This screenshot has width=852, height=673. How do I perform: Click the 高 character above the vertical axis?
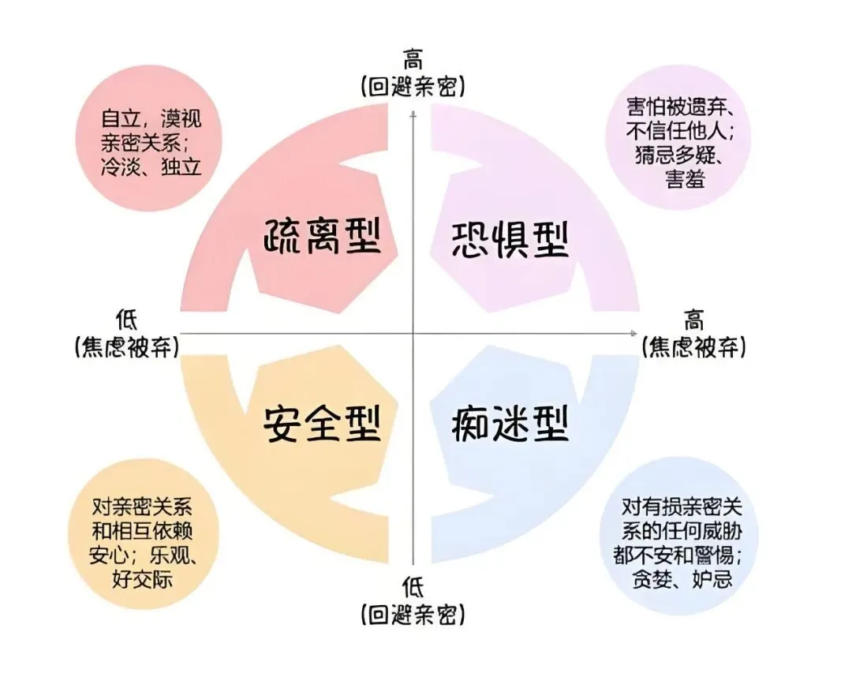pyautogui.click(x=413, y=61)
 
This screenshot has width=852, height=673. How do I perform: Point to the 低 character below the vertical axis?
pyautogui.click(x=413, y=586)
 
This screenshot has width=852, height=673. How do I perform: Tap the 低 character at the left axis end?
pyautogui.click(x=126, y=320)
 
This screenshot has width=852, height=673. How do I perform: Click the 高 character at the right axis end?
pyautogui.click(x=694, y=320)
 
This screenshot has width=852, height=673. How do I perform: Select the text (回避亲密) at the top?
pyautogui.click(x=413, y=86)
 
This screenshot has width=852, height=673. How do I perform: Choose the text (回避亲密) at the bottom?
pyautogui.click(x=413, y=613)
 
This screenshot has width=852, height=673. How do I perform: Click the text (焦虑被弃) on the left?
pyautogui.click(x=126, y=346)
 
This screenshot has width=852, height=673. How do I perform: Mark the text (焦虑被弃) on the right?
pyautogui.click(x=694, y=346)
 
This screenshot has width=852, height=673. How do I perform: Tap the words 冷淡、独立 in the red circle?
pyautogui.click(x=151, y=167)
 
